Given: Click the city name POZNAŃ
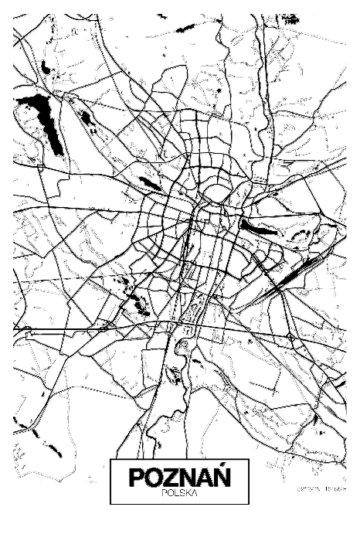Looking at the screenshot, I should click(179, 476).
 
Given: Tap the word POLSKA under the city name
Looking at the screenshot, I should click(179, 491).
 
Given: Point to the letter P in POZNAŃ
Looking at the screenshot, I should click(137, 477).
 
